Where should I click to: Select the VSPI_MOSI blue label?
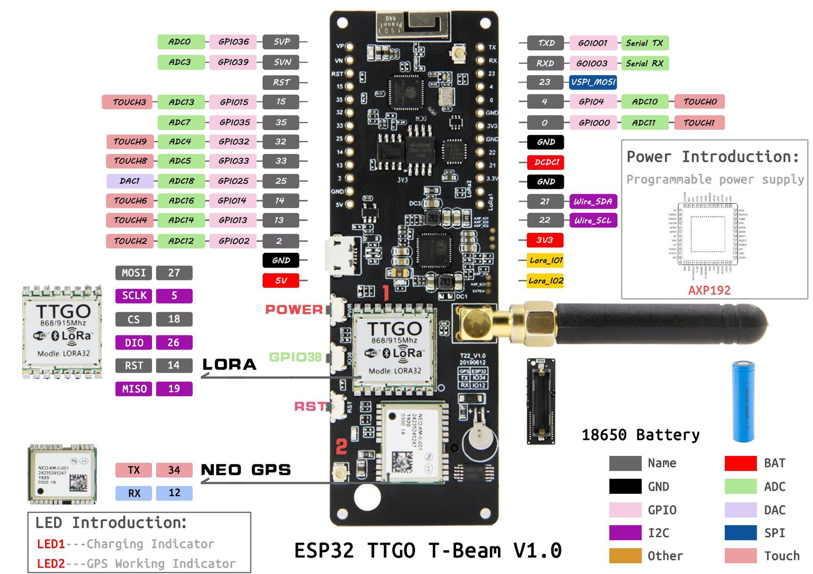(x=592, y=82)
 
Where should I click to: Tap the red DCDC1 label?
(x=545, y=162)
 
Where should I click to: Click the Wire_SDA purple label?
(x=592, y=201)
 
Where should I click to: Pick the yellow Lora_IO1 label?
(x=545, y=260)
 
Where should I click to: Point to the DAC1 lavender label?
(x=130, y=181)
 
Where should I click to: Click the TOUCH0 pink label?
(x=699, y=102)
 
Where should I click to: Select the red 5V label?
(x=281, y=280)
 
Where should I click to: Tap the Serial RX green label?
(x=644, y=63)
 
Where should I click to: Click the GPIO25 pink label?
(x=233, y=181)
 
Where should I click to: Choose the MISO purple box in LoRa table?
(x=134, y=389)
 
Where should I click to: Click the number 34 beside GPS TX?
(x=174, y=470)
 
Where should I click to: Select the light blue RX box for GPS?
(x=134, y=493)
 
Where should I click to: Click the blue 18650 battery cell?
(x=743, y=401)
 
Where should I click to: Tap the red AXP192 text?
(x=709, y=290)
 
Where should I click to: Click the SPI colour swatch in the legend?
(x=740, y=533)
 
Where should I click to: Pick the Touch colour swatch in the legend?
(x=740, y=556)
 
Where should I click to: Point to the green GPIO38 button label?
(x=295, y=357)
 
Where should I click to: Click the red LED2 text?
(x=50, y=563)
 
